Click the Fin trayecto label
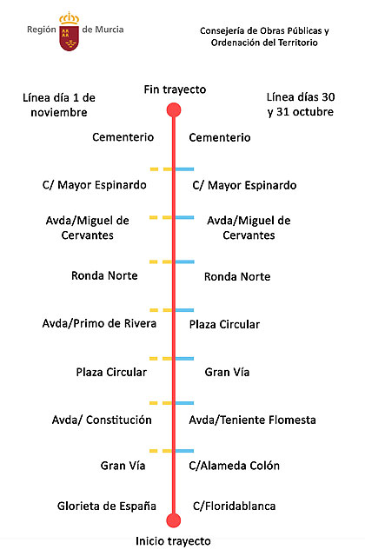tap(174, 90)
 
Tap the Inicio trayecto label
tap(173, 540)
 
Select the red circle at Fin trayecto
tap(174, 109)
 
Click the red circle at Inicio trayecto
tap(173, 520)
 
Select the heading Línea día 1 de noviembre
tap(59, 104)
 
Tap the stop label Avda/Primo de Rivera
tap(99, 324)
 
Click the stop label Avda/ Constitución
tap(102, 420)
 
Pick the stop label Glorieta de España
tap(107, 506)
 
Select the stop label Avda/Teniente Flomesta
tap(252, 420)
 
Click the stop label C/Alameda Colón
tap(236, 466)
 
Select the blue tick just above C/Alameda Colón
tap(185, 450)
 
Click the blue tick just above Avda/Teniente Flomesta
tap(185, 403)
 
